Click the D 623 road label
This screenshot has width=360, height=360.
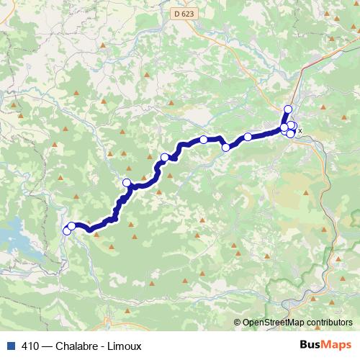[x=183, y=13]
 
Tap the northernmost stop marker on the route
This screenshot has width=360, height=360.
[x=288, y=109]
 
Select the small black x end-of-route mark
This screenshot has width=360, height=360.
[x=300, y=131]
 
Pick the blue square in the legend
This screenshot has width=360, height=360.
[x=9, y=345]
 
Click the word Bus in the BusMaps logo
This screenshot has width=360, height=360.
[x=311, y=345]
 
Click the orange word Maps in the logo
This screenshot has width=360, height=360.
[x=338, y=345]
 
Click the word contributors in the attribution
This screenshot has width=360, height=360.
[x=331, y=323]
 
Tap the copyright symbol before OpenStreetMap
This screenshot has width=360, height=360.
[x=238, y=323]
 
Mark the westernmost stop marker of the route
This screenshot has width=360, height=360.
[x=67, y=230]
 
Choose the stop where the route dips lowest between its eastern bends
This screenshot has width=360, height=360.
[x=226, y=148]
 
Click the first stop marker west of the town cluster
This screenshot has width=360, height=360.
[x=248, y=137]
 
